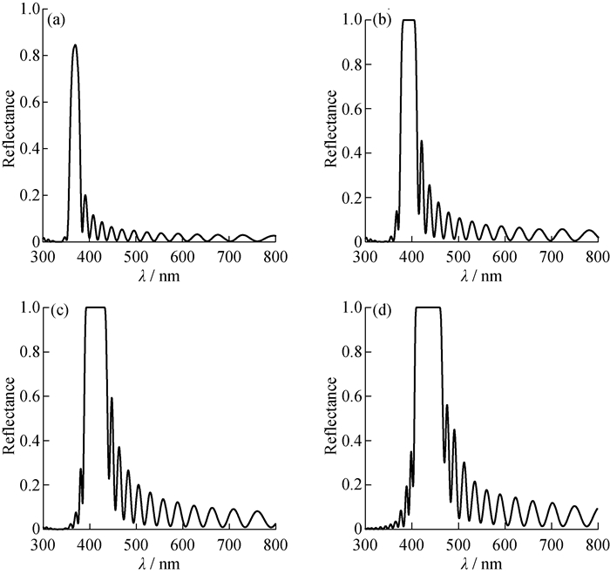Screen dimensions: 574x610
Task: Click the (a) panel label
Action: click(x=58, y=17)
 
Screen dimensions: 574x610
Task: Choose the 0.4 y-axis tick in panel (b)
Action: click(x=350, y=152)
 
